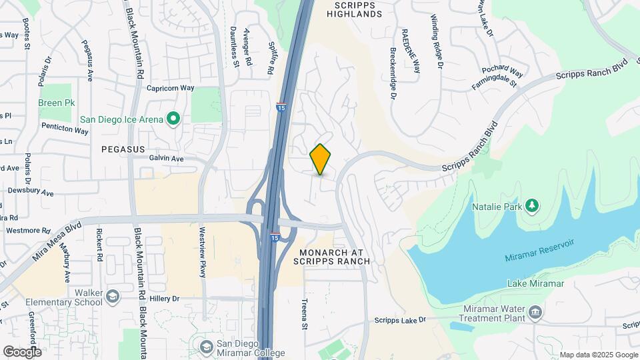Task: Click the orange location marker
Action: [321, 159]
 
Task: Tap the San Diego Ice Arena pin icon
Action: [173, 119]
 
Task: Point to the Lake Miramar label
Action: [535, 283]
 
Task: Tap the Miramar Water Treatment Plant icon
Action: [535, 312]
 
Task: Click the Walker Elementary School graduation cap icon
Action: [113, 295]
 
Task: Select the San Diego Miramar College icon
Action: [207, 346]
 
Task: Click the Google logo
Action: [22, 351]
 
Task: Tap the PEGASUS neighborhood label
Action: [123, 149]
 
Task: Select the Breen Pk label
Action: [56, 103]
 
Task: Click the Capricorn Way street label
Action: [170, 88]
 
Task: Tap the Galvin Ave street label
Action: [166, 159]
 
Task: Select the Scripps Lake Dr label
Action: [400, 321]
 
